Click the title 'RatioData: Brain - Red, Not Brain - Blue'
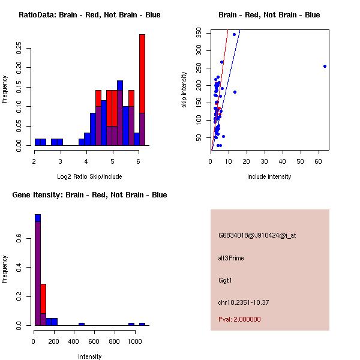tap(89, 15)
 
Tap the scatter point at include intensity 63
tap(325, 66)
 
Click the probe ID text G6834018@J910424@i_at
tap(257, 235)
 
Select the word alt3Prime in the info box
tap(231, 258)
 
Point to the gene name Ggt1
tap(226, 280)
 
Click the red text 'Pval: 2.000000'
tap(239, 319)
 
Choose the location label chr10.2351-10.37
tap(243, 302)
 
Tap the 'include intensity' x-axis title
tap(269, 176)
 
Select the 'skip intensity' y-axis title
tap(184, 90)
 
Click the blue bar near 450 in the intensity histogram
tap(82, 324)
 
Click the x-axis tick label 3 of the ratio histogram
tap(61, 161)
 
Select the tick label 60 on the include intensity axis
tap(319, 161)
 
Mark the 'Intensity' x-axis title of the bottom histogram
tap(89, 356)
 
